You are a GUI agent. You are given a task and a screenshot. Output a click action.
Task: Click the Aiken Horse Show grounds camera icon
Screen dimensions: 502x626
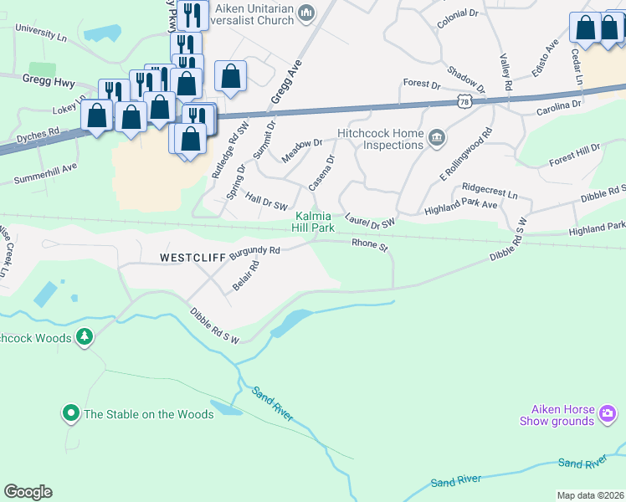click(608, 412)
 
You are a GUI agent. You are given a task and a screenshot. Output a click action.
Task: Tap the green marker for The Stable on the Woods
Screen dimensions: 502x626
click(71, 413)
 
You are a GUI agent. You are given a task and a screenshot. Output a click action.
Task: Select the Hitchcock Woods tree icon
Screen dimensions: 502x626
click(84, 337)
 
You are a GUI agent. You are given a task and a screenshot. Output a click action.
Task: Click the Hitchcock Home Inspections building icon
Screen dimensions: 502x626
click(436, 138)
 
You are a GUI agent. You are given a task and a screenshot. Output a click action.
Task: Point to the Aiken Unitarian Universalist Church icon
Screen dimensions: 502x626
click(306, 13)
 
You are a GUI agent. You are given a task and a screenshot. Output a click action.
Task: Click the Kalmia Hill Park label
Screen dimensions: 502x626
click(315, 221)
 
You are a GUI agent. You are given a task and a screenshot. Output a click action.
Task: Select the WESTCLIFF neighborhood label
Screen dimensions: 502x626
click(192, 259)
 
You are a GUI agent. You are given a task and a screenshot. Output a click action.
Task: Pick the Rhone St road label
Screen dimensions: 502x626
click(370, 245)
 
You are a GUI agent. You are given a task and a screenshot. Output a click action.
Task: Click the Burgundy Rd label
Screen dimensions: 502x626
click(254, 250)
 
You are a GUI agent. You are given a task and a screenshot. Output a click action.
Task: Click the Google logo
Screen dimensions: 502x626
click(28, 492)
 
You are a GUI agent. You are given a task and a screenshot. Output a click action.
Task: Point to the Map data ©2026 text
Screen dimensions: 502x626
click(590, 495)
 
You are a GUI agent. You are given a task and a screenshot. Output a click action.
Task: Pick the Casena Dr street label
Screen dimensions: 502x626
click(321, 172)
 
